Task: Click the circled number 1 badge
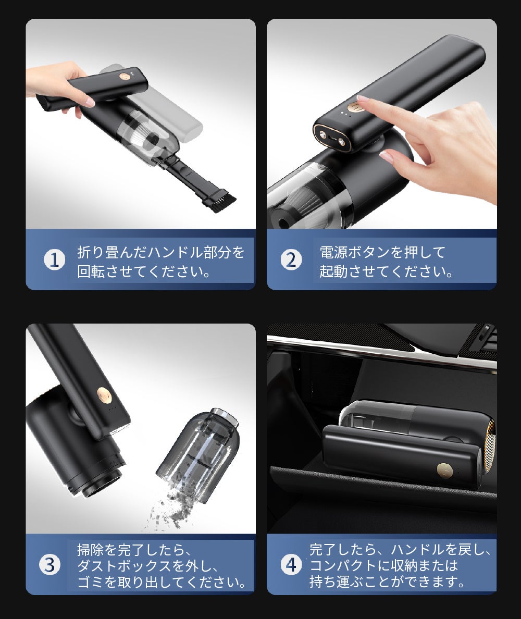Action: coord(55,260)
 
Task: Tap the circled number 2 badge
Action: coord(291,260)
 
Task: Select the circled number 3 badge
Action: coord(49,565)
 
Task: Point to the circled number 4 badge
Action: coord(291,565)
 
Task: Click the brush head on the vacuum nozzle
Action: coord(220,201)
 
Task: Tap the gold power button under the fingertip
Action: coord(354,107)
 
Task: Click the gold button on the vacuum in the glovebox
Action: coord(443,468)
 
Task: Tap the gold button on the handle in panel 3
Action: coord(104,393)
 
